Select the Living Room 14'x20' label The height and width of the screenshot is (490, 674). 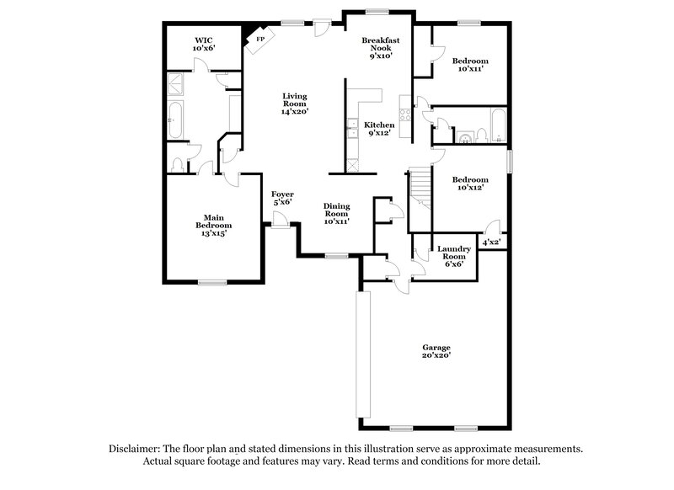(295, 104)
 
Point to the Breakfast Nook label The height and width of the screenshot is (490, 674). (379, 48)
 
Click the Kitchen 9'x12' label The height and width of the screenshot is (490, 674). (379, 129)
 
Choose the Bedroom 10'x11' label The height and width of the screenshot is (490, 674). (469, 65)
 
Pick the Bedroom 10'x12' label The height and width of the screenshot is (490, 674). (469, 184)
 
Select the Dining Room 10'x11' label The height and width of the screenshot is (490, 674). (337, 215)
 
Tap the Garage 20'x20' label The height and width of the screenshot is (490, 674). (436, 352)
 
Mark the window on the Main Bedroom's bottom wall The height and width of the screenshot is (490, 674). (211, 282)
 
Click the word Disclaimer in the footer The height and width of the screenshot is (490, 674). (136, 450)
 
